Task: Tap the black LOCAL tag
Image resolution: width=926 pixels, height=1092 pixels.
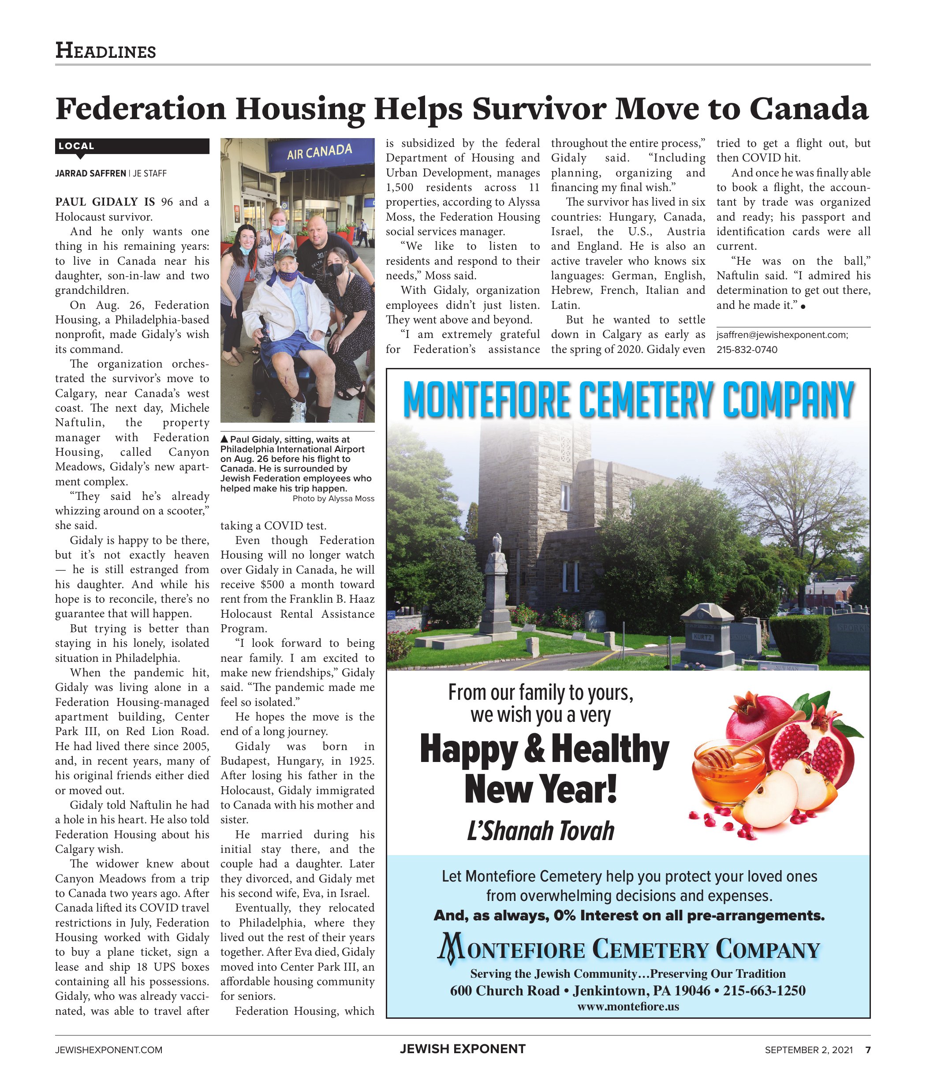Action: coord(77,146)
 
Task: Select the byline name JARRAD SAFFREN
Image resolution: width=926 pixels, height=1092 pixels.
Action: coord(90,173)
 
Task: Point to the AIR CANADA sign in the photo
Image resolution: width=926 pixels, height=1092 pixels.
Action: coord(319,152)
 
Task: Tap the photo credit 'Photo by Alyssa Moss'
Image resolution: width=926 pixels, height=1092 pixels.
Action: coord(333,499)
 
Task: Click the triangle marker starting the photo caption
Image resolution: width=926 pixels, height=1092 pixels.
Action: coord(224,439)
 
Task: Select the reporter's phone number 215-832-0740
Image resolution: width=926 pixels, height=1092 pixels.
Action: coord(747,350)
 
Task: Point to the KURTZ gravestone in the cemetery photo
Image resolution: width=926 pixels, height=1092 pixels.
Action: coord(702,638)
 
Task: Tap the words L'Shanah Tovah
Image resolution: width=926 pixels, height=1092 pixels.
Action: coord(540,830)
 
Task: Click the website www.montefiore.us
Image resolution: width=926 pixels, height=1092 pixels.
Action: coord(628,1006)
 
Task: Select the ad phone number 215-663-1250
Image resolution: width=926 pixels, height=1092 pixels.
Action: coord(764,991)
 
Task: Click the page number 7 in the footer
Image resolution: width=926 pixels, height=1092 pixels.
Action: coord(868,1050)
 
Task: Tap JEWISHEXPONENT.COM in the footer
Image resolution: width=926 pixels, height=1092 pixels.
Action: coord(108,1050)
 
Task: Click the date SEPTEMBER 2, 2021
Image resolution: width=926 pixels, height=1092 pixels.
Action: coord(808,1050)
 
